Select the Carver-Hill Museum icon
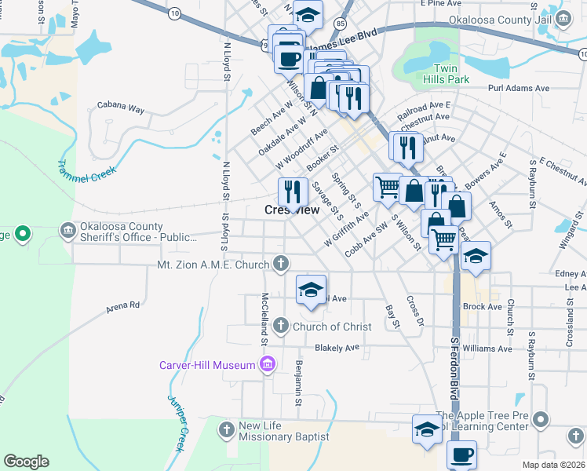[x=268, y=364]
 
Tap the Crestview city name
[x=291, y=210]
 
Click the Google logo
[x=26, y=462]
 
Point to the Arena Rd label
[x=123, y=305]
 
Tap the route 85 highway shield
[x=339, y=24]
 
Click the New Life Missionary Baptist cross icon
[x=227, y=430]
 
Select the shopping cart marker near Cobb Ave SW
[x=387, y=187]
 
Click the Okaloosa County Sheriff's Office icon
[x=67, y=230]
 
